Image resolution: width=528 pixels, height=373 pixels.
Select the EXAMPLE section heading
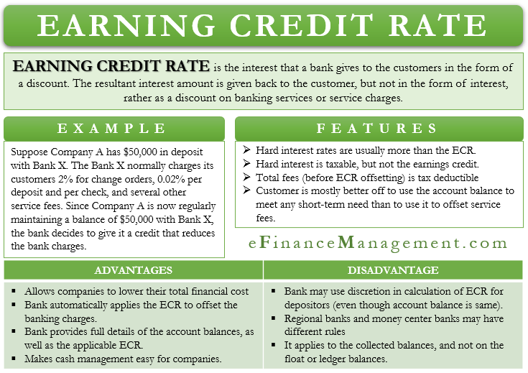[112, 129]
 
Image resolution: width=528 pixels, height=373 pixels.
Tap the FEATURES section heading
[377, 129]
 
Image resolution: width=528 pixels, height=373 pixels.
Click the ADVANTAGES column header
[134, 270]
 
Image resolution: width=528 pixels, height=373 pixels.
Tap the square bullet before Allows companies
[13, 292]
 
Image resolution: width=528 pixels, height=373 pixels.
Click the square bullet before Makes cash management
[13, 359]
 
